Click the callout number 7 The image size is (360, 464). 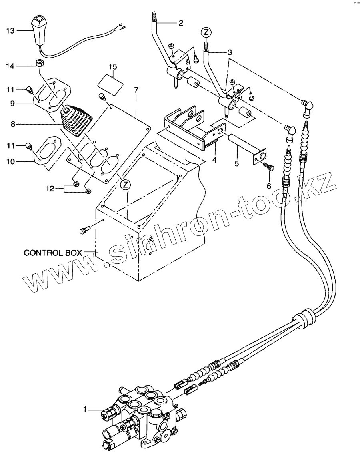pyautogui.click(x=136, y=90)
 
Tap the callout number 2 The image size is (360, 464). pyautogui.click(x=180, y=23)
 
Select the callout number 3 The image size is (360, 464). pyautogui.click(x=229, y=52)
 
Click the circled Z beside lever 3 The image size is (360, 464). pyautogui.click(x=206, y=32)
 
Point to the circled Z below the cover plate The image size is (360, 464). pyautogui.click(x=126, y=184)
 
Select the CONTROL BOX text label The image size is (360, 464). pyautogui.click(x=52, y=253)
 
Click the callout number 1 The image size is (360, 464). pyautogui.click(x=85, y=409)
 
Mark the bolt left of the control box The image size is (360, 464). pyautogui.click(x=84, y=229)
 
